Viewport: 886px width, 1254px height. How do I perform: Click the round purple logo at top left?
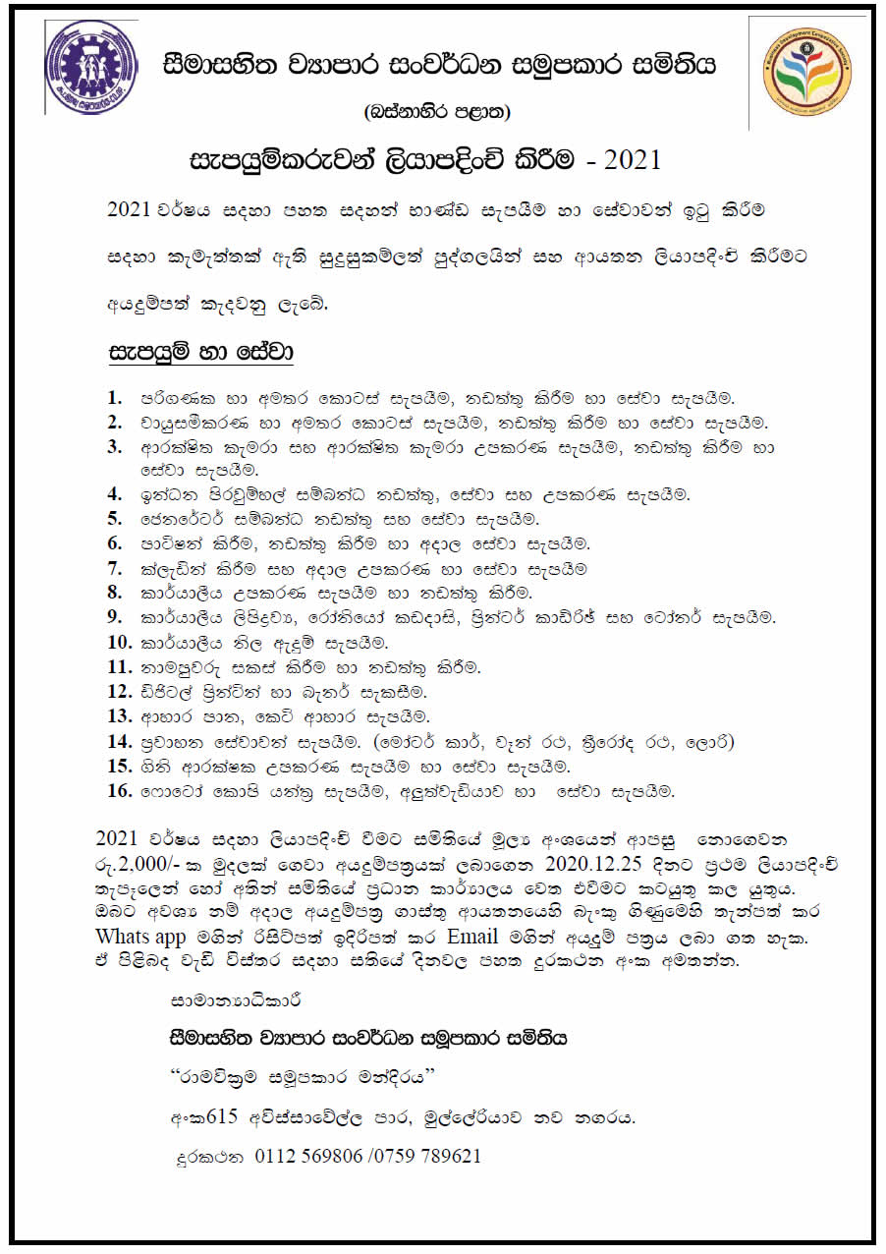(x=91, y=67)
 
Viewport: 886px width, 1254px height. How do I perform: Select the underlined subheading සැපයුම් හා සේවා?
(x=201, y=352)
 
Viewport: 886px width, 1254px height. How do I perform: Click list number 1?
(x=115, y=398)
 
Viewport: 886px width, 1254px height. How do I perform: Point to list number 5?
(x=115, y=518)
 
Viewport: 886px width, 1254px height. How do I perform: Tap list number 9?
(x=115, y=617)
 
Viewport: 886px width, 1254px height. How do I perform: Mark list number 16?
(x=119, y=790)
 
